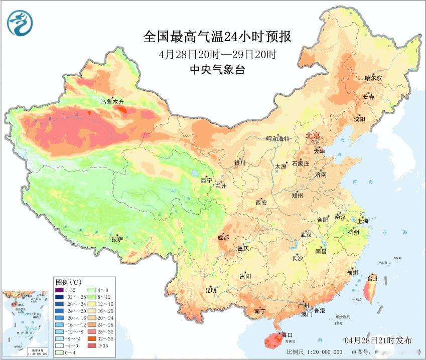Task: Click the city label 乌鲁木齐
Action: click(111, 102)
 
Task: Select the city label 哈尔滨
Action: click(373, 78)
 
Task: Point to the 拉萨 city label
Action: click(117, 240)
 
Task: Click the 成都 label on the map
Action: click(223, 238)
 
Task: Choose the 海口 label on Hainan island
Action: click(287, 334)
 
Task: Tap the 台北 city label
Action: click(373, 278)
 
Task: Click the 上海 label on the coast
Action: click(362, 221)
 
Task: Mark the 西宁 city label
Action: click(206, 180)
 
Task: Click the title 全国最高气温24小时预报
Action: click(217, 37)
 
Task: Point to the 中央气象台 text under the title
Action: click(217, 70)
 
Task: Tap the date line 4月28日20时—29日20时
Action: click(217, 54)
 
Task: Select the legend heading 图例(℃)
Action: click(65, 282)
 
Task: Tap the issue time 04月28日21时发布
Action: click(379, 341)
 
